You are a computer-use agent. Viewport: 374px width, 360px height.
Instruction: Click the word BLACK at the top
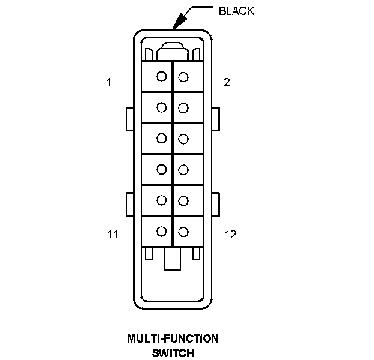pos(236,11)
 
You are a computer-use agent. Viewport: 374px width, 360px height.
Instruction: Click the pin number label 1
pos(109,82)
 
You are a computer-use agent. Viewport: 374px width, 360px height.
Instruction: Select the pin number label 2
pos(227,82)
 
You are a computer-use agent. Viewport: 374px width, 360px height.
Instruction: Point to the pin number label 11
pos(113,235)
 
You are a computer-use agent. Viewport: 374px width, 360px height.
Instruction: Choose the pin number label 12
pos(230,235)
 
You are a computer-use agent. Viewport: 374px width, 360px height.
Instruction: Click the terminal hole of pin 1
pos(161,76)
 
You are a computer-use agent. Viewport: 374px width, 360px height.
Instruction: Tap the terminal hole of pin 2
pos(183,77)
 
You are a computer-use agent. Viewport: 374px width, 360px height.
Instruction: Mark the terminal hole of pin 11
pos(161,230)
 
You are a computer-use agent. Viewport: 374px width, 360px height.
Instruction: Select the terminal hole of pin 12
pos(183,231)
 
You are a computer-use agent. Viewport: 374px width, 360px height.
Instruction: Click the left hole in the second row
pos(161,107)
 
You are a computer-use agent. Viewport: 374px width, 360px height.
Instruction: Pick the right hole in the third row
pos(183,139)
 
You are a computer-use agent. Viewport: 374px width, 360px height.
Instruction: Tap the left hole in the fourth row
pos(161,169)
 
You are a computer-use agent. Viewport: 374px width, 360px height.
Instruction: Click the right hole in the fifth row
pos(183,200)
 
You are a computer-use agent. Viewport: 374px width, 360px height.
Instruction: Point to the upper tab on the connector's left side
pos(129,119)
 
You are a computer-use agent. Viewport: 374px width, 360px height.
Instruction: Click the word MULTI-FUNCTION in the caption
pos(173,338)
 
